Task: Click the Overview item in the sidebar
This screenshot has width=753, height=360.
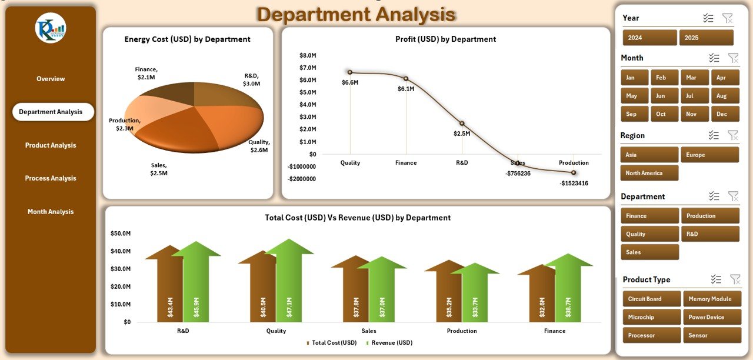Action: (x=51, y=79)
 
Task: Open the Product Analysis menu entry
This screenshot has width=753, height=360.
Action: (x=51, y=145)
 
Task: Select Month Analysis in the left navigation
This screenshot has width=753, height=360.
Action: (x=51, y=212)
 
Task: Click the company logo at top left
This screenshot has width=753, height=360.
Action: (x=51, y=28)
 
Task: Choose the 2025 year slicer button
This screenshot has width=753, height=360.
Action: (x=706, y=38)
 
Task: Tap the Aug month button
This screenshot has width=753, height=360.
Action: (x=721, y=96)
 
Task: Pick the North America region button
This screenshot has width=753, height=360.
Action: (x=649, y=173)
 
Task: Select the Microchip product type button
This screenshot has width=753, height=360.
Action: (x=651, y=317)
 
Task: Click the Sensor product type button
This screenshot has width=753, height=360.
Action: (x=711, y=335)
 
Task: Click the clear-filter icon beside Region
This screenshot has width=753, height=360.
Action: (x=733, y=135)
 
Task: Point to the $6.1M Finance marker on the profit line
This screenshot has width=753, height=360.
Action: (x=406, y=78)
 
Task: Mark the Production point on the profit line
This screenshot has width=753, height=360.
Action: (x=574, y=172)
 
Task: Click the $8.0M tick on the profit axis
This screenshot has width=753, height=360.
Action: (x=308, y=55)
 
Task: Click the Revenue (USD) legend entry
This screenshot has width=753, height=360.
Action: (x=389, y=342)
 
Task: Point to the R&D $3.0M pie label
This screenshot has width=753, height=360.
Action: (x=251, y=79)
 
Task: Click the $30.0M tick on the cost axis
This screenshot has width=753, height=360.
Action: (x=121, y=269)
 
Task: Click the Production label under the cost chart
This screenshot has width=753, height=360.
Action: (x=462, y=331)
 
